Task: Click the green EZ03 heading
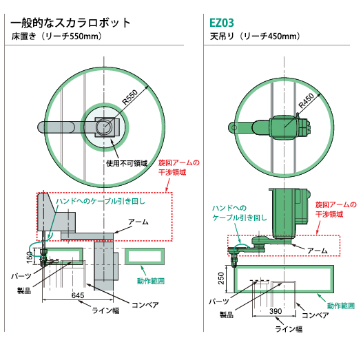point(222,23)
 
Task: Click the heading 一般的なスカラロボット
point(71,23)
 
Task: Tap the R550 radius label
point(130,97)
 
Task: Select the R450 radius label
point(307,101)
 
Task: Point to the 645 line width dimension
point(78,295)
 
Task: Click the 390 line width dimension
point(276,311)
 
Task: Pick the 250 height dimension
point(221,278)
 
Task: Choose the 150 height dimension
point(30,257)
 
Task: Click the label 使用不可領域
point(127,163)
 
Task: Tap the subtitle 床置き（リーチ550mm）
point(56,36)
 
